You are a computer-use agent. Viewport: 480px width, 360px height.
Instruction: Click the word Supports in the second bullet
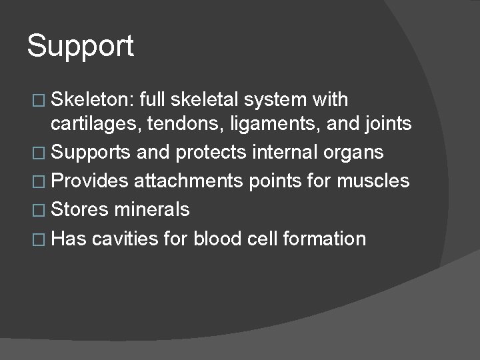point(90,153)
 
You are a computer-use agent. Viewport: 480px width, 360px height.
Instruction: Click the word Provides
point(89,181)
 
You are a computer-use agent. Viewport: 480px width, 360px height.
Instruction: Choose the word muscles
point(375,181)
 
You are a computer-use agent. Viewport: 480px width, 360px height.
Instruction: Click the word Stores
point(81,209)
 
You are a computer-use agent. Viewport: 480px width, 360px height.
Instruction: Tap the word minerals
point(151,209)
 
